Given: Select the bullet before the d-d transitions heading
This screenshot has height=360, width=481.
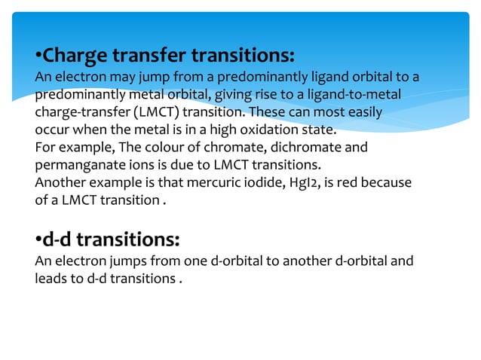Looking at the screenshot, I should pyautogui.click(x=38, y=240).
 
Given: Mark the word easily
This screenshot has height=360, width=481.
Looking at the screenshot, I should pyautogui.click(x=363, y=111).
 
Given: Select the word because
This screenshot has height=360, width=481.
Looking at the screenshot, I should pyautogui.click(x=394, y=182).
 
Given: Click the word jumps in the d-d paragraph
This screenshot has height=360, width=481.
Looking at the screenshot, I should pyautogui.click(x=115, y=262).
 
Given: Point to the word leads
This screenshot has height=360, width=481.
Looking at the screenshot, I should pyautogui.click(x=51, y=279).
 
